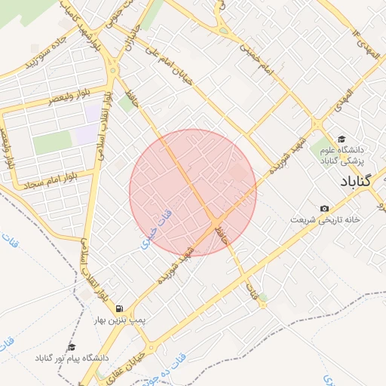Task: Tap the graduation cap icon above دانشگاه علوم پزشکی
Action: (342, 139)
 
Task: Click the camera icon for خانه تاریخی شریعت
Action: (324, 208)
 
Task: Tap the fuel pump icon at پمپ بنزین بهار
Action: (120, 308)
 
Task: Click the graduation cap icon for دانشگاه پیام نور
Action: (72, 347)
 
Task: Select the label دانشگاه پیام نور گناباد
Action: (71, 358)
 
